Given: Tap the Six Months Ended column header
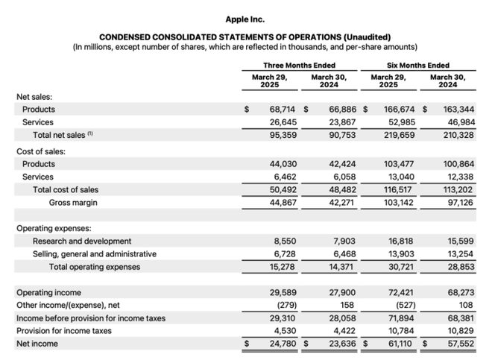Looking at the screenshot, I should (x=418, y=66).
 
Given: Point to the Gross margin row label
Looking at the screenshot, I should (x=73, y=203).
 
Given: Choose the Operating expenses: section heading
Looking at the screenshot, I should (x=54, y=229).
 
